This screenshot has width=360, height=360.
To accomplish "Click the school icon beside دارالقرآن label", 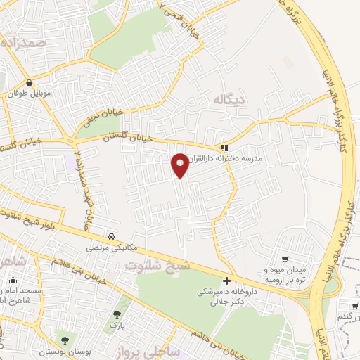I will pyautogui.click(x=224, y=148).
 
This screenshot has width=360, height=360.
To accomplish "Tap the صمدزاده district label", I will pyautogui.click(x=24, y=43).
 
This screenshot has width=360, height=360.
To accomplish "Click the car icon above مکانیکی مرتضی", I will pyautogui.click(x=112, y=236).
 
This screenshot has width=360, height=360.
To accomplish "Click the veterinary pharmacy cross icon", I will pyautogui.click(x=227, y=281).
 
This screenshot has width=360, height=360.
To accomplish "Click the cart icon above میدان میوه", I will pyautogui.click(x=285, y=259).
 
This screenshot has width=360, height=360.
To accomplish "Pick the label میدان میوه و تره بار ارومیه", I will pyautogui.click(x=285, y=274).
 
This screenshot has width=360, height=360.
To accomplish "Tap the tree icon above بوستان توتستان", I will pyautogui.click(x=65, y=341).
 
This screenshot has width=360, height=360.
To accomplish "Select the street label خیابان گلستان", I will pyautogui.click(x=141, y=139).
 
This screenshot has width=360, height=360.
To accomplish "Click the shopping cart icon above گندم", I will pyautogui.click(x=353, y=305).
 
